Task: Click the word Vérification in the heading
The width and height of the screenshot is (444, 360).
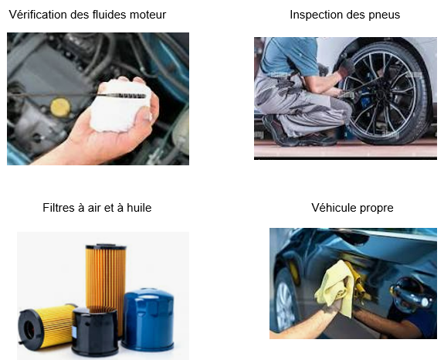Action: [39, 15]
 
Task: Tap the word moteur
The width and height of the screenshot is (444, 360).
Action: [147, 15]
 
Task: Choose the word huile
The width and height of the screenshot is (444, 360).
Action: [139, 208]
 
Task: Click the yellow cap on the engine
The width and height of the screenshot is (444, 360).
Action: [60, 107]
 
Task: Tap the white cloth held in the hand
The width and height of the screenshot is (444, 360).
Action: [120, 105]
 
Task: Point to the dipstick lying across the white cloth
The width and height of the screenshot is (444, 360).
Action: [76, 95]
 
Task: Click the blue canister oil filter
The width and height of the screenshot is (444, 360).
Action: [148, 319]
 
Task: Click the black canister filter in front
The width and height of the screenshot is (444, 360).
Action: [95, 331]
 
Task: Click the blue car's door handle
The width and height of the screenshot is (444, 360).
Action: [411, 293]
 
